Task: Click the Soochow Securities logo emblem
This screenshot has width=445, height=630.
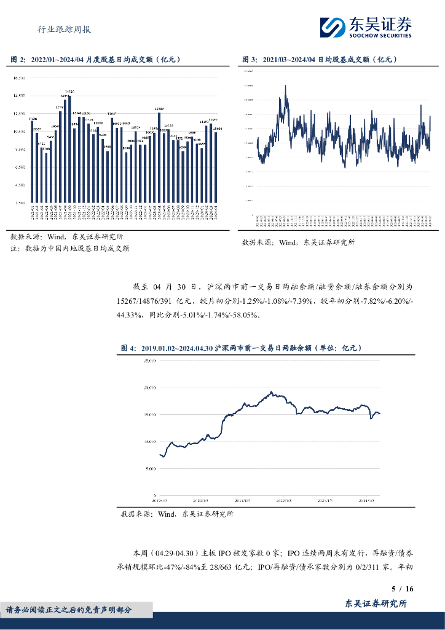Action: pyautogui.click(x=333, y=26)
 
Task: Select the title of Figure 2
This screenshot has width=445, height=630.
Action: pyautogui.click(x=95, y=60)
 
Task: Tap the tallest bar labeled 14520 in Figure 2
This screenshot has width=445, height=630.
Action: pyautogui.click(x=69, y=148)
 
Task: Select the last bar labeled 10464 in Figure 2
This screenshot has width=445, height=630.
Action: pyautogui.click(x=216, y=167)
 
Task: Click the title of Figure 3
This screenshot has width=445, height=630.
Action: pyautogui.click(x=320, y=60)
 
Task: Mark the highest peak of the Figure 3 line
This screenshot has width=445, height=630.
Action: pyautogui.click(x=285, y=86)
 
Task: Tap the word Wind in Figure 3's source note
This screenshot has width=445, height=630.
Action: pyautogui.click(x=288, y=242)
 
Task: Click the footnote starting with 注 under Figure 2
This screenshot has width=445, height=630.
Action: pyautogui.click(x=69, y=249)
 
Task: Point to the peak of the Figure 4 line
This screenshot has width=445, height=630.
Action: pyautogui.click(x=271, y=391)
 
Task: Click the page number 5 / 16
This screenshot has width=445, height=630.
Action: pyautogui.click(x=402, y=589)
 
